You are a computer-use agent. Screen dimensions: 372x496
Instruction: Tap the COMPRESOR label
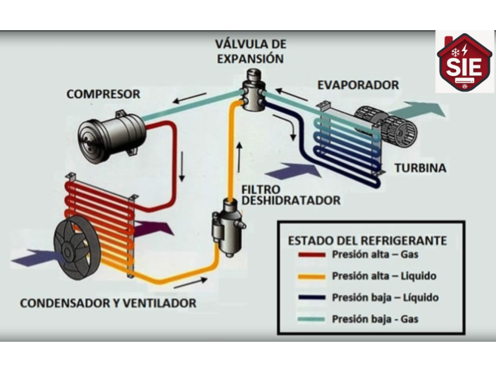(103, 94)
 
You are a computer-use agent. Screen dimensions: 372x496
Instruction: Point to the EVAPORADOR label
(358, 85)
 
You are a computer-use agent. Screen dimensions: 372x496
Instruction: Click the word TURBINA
(420, 168)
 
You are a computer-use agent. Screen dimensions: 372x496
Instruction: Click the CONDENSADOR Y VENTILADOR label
(108, 303)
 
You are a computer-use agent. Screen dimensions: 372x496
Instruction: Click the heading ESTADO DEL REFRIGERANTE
(367, 240)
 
